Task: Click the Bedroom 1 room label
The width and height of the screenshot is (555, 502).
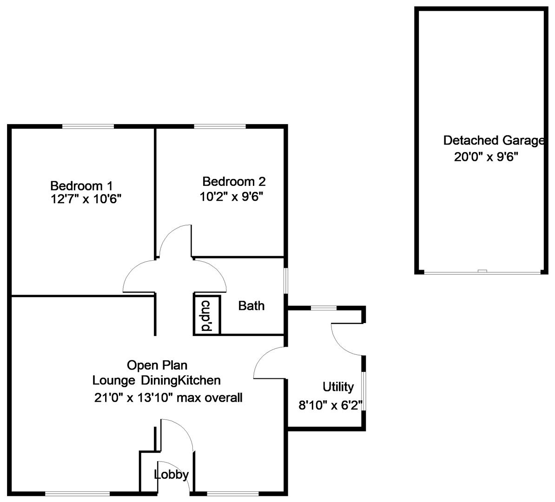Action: pos(81,185)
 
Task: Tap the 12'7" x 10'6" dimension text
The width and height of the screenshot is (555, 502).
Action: pos(86,199)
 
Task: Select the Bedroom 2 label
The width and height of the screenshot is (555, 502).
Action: pos(234,182)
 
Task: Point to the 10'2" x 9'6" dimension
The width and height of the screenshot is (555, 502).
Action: pos(232,197)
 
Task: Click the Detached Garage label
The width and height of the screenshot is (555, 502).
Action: pos(494,140)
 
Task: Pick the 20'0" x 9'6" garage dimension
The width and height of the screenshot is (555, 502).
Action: pos(486,157)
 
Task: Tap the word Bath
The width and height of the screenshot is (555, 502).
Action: pos(251,305)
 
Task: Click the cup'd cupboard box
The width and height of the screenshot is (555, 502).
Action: pos(207,314)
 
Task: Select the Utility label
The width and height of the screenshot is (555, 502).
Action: pos(338,387)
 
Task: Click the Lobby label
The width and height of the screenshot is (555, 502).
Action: pos(172,475)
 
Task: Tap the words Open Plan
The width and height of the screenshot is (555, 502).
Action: pos(157,365)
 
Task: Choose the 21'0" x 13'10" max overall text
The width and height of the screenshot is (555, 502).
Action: pos(168,397)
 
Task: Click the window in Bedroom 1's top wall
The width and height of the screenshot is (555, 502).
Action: pos(88,126)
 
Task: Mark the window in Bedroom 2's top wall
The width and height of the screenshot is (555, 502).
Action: pos(220,126)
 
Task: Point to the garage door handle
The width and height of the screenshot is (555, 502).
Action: pos(482,271)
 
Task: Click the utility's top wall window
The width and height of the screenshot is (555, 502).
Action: pos(324,308)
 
